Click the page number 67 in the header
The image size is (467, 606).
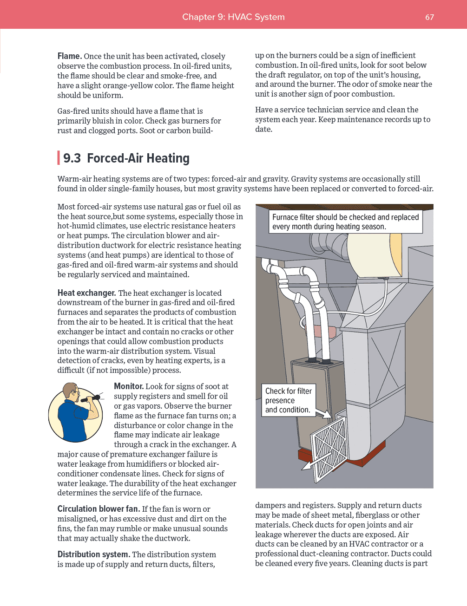pyautogui.click(x=429, y=17)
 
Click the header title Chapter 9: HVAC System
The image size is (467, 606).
pyautogui.click(x=233, y=17)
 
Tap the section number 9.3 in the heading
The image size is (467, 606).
pyautogui.click(x=72, y=158)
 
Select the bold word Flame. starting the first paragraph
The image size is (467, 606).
pyautogui.click(x=70, y=56)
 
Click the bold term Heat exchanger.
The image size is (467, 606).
pyautogui.click(x=86, y=293)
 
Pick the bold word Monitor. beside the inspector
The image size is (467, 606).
pyautogui.click(x=129, y=386)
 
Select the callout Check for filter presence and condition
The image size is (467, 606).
pyautogui.click(x=289, y=400)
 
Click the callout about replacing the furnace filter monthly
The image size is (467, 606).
pyautogui.click(x=345, y=222)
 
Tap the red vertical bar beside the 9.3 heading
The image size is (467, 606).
pyautogui.click(x=59, y=158)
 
